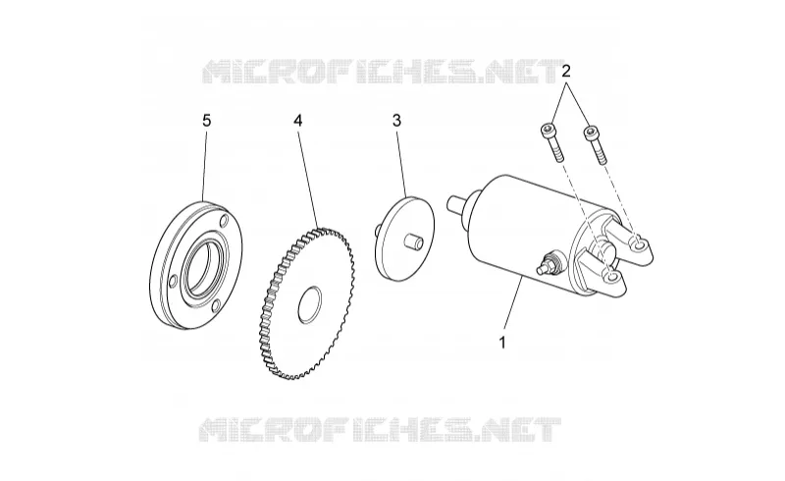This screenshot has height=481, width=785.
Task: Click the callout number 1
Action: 502,343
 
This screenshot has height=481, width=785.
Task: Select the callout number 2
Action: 566,71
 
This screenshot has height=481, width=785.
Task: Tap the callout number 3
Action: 396,120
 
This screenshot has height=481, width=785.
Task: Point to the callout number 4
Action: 298,120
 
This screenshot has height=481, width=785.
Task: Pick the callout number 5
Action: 207,120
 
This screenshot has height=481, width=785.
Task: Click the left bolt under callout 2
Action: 551,141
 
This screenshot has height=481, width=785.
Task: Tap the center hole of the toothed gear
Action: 310,304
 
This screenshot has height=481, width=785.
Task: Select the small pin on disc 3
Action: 413,240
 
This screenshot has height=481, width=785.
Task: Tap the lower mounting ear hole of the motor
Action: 609,276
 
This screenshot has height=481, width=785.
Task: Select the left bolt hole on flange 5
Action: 173,282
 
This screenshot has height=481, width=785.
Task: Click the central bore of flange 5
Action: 202,266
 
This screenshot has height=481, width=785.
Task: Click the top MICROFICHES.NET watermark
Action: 382,72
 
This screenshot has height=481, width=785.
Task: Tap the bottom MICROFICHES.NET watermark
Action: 380,429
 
